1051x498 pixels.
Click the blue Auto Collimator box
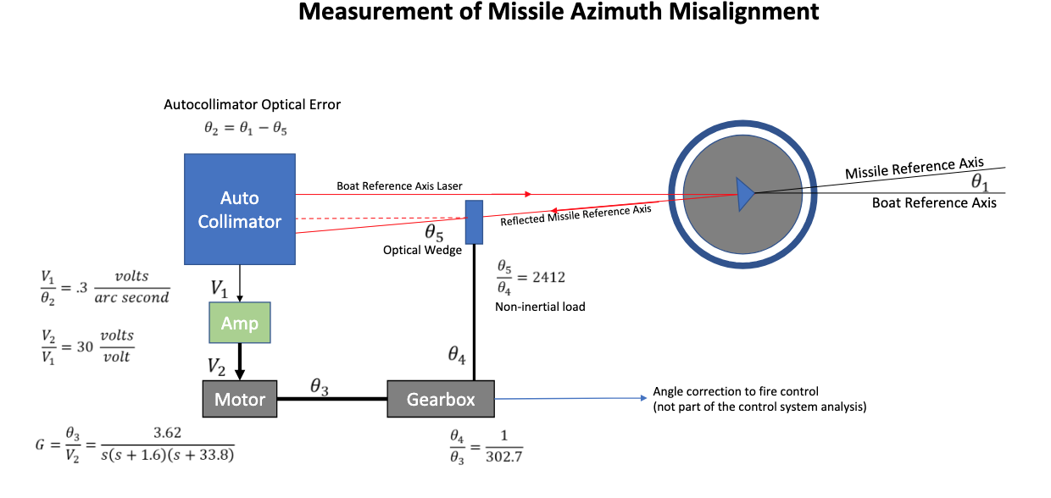point(240,209)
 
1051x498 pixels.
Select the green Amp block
point(240,323)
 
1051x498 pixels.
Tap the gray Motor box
point(240,399)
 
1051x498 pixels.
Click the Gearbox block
point(441,399)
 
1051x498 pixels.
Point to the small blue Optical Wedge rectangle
point(474,221)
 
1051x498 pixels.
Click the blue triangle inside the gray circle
point(744,193)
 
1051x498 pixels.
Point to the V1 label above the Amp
point(220,289)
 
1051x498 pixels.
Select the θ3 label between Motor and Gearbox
point(319,386)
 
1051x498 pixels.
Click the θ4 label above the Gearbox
point(457,355)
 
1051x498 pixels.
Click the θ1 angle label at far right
point(980,181)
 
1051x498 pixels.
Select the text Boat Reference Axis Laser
point(400,185)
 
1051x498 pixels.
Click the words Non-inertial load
point(540,307)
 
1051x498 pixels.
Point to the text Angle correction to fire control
point(736,391)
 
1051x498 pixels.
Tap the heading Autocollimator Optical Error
point(252,105)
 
